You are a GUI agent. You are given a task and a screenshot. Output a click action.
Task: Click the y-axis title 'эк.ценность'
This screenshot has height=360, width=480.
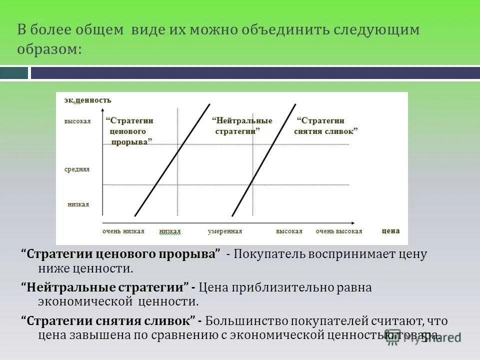pos(87,100)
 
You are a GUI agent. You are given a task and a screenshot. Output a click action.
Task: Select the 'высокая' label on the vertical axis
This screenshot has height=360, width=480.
pos(77,121)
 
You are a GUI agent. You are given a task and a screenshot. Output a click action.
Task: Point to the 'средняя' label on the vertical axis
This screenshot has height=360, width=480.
pos(77,169)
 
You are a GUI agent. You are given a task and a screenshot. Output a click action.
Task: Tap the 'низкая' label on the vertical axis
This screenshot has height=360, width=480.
pos(78,204)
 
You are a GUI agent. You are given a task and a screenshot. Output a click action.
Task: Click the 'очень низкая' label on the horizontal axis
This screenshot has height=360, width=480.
pos(123,231)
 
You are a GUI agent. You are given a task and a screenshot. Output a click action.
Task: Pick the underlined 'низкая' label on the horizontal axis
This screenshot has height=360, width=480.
pos(170,231)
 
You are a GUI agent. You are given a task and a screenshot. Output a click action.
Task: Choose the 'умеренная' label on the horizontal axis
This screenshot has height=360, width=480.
pos(225,231)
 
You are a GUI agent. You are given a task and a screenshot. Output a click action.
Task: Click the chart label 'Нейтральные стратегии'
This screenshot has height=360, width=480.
pos(242,125)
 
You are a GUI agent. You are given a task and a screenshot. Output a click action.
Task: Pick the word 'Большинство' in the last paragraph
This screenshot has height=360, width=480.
pos(239,320)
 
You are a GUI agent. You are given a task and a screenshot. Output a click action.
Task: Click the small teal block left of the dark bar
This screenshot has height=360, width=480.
pos(14,73)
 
